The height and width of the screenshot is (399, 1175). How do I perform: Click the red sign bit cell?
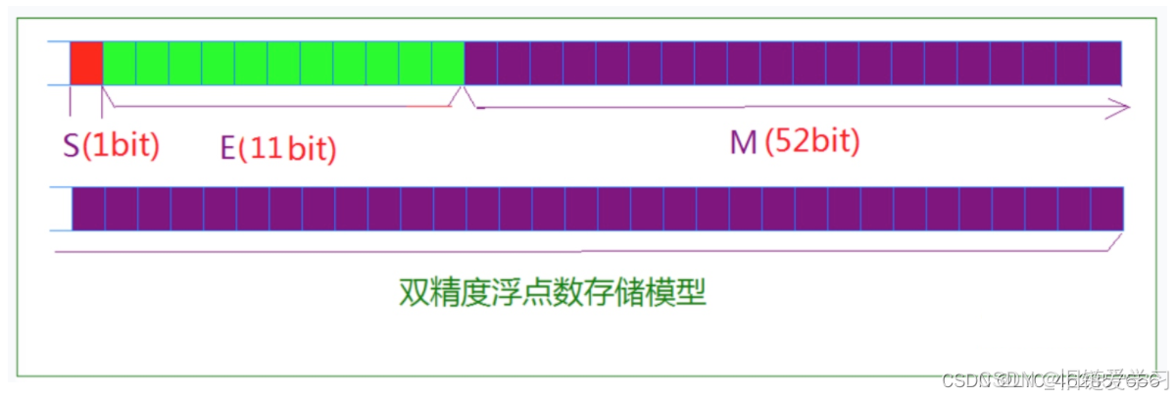(x=86, y=63)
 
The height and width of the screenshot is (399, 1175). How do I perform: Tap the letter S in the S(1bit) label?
(x=71, y=146)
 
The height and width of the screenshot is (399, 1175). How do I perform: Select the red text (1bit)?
(x=121, y=146)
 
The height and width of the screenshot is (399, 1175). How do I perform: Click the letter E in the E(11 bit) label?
(x=226, y=148)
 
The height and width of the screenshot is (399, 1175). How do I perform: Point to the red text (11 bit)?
(x=288, y=148)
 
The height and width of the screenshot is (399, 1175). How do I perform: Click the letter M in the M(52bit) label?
(x=743, y=143)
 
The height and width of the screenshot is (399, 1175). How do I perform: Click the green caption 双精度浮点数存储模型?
(x=552, y=292)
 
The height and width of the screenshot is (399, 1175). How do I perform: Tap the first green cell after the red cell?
(x=120, y=63)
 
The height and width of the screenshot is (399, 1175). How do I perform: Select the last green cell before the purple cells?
(x=448, y=63)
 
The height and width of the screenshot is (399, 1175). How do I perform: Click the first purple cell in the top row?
(x=481, y=63)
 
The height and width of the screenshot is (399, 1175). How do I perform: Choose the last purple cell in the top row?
(x=1105, y=63)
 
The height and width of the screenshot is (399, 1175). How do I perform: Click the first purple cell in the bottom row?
(x=89, y=208)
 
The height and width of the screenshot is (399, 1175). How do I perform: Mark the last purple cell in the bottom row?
(x=1106, y=208)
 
